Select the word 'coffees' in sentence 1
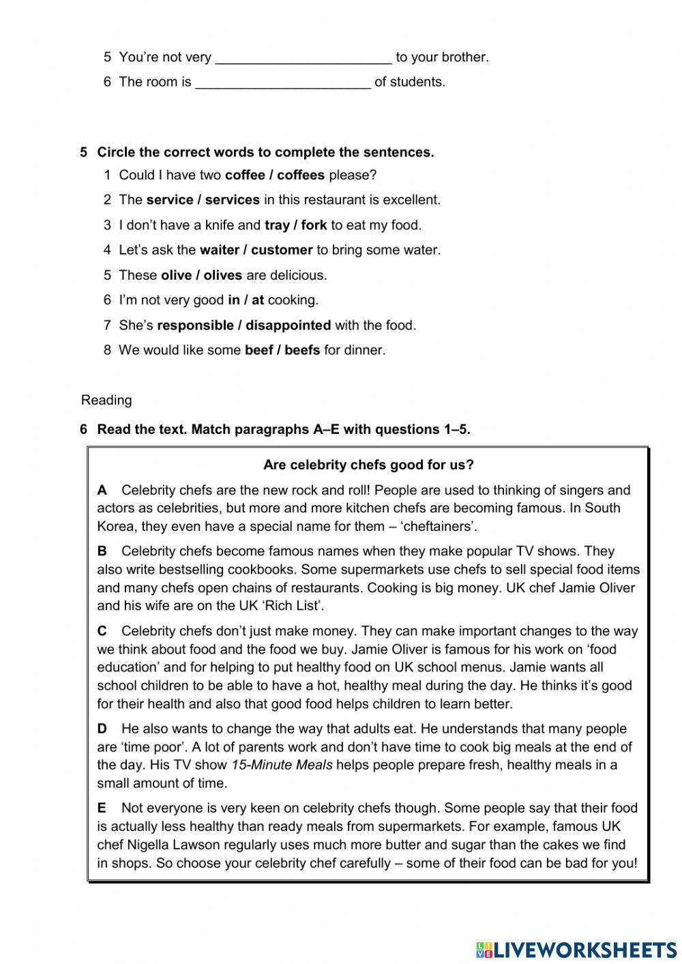coord(301,175)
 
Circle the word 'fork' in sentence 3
coord(314,225)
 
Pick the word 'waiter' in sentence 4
coord(218,250)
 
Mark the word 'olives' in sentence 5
coord(223,276)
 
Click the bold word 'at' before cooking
coord(258,300)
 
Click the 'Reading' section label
coord(106,400)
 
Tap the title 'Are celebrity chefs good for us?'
coord(368,465)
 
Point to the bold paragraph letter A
coord(102,491)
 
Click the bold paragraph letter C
coord(102,631)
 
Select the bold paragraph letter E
coord(102,808)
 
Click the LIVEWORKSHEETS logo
coord(576,949)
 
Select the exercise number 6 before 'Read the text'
coord(84,430)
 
